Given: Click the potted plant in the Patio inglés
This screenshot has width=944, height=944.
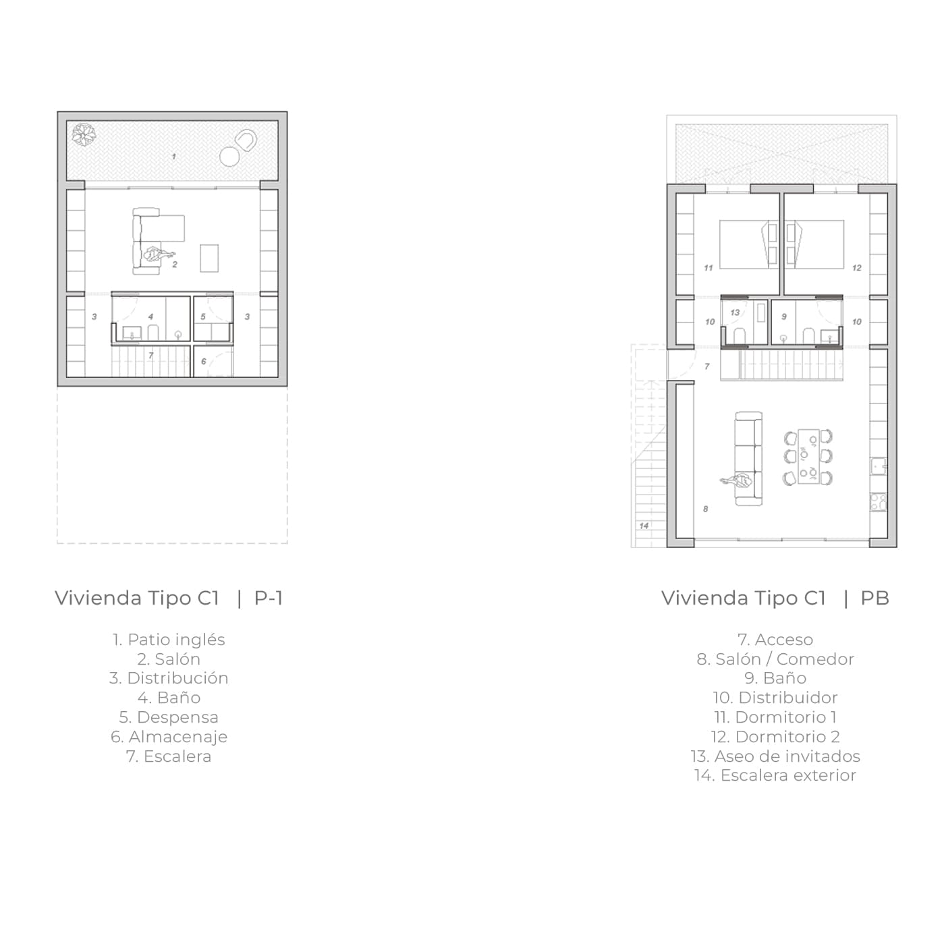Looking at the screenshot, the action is pos(84,134).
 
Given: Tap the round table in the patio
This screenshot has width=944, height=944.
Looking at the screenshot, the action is pos(229,157).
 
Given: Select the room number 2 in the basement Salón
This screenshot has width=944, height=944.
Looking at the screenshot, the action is pos(175,265).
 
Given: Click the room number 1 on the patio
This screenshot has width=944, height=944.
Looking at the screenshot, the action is pos(174,157).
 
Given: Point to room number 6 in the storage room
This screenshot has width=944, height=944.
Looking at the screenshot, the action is pos(204,362).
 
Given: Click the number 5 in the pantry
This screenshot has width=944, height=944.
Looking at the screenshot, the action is pos(203,317).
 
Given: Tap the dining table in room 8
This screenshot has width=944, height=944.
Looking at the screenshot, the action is pos(808,457).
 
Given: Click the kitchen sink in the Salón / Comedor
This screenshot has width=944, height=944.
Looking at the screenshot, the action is pos(879,466).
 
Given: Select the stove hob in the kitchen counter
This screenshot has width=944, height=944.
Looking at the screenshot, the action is pos(879,502).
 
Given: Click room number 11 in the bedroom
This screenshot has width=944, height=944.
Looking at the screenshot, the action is pos(709,268).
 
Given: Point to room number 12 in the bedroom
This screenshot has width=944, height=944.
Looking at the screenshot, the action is pos(857,268).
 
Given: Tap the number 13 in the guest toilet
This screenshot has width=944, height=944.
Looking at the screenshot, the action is pos(735,312).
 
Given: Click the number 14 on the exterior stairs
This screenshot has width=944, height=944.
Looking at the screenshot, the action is pos(644,526).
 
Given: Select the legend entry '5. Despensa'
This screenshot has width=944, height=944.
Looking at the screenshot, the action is pos(169,717).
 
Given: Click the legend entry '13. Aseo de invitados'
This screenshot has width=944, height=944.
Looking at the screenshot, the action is pos(775,756).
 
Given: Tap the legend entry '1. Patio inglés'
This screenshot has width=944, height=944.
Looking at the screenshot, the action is pos(169,640).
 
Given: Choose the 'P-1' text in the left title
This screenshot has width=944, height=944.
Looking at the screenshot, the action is pos(269,598).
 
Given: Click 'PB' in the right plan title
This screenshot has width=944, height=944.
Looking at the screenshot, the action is pos(875,598).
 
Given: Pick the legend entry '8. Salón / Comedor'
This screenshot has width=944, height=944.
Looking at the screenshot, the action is pos(775,659).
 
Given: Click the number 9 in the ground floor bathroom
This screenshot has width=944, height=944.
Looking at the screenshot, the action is pos(784,317).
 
